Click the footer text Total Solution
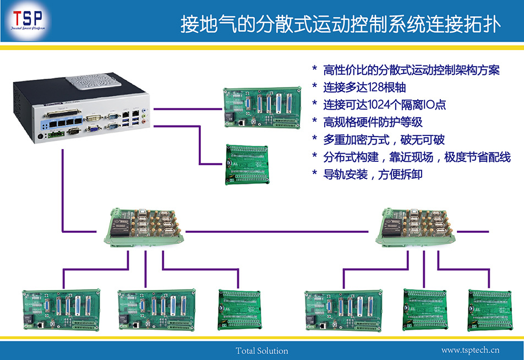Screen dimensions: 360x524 pyautogui.click(x=261, y=351)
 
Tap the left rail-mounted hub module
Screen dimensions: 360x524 pyautogui.click(x=145, y=227)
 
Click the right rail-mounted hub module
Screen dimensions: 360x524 pyautogui.click(x=415, y=227)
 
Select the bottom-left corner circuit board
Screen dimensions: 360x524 pyautogui.click(x=61, y=310)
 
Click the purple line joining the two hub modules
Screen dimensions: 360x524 pyautogui.click(x=281, y=231)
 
